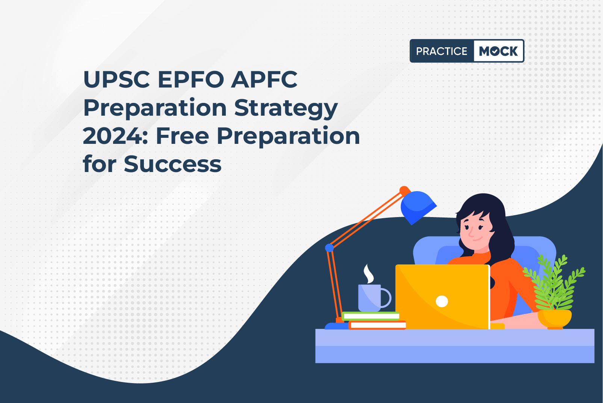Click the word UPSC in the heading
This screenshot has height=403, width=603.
point(116,79)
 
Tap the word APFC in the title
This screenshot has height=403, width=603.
point(264,79)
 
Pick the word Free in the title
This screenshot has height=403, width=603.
point(183,136)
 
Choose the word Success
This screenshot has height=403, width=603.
point(172,164)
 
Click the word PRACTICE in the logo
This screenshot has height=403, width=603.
point(441,51)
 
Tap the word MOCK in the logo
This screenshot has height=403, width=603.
point(498,51)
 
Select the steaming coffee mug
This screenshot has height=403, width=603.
point(373,297)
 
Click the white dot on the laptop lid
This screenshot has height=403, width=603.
point(442,301)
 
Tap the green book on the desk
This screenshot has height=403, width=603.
point(370,316)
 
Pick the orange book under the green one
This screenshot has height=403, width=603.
point(377,325)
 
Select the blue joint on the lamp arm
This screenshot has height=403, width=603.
point(329,248)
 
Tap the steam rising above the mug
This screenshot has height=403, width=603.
point(368,273)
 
